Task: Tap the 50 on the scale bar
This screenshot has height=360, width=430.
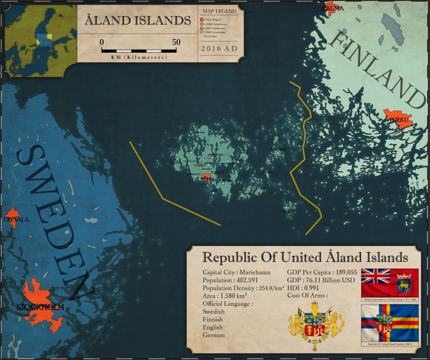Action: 176,42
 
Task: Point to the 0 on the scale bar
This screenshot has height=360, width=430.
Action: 102,42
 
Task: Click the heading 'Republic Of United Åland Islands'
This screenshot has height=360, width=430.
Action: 307,256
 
